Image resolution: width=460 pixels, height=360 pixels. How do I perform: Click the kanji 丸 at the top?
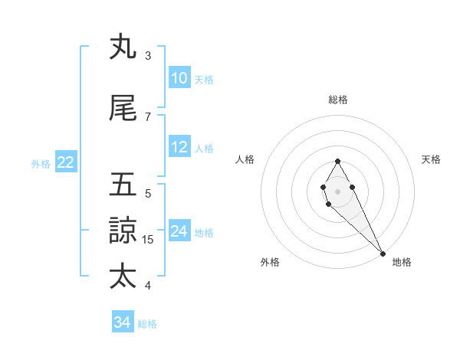click(123, 47)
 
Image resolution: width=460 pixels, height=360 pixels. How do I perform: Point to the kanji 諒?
click(123, 230)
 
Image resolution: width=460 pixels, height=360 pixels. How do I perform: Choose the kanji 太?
click(123, 276)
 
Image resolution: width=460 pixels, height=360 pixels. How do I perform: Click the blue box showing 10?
click(179, 78)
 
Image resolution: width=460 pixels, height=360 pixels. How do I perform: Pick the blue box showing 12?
click(179, 147)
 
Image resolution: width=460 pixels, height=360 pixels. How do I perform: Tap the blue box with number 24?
click(179, 231)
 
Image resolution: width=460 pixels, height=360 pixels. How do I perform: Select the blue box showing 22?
click(66, 162)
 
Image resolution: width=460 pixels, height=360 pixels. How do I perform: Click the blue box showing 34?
click(123, 322)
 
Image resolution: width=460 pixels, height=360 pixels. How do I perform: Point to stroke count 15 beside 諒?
click(149, 240)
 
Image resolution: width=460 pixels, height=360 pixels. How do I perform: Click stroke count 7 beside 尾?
click(148, 116)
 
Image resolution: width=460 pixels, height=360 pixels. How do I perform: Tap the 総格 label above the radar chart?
click(338, 100)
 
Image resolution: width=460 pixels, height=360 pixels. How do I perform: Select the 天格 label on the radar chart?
click(432, 159)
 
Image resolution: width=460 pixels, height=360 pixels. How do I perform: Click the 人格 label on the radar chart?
click(245, 159)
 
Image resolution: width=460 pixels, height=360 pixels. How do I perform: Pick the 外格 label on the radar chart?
click(270, 262)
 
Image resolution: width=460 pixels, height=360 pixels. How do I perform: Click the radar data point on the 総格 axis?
click(337, 161)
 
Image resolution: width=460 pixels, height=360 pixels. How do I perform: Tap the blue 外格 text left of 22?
click(40, 163)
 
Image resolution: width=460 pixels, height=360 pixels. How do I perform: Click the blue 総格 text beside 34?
click(147, 324)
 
